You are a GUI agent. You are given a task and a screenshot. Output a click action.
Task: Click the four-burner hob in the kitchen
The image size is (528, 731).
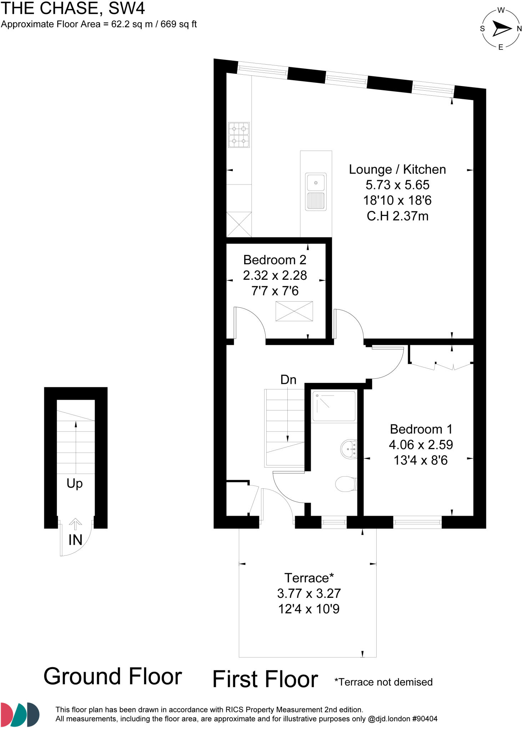click(x=239, y=135)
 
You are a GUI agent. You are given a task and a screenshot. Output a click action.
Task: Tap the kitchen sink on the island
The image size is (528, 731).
click(x=316, y=191)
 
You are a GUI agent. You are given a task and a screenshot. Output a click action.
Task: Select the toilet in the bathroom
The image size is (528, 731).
click(x=346, y=484)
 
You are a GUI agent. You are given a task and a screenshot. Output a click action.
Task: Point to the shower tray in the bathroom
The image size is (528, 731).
click(x=334, y=407)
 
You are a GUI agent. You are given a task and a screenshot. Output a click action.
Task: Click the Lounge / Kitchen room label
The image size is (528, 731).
click(x=397, y=170)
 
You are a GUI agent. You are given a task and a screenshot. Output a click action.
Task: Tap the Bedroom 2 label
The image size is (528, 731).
click(x=275, y=260)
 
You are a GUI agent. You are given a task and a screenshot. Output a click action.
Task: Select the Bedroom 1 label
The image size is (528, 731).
click(x=421, y=429)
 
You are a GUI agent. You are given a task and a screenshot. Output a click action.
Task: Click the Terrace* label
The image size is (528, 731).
click(x=309, y=578)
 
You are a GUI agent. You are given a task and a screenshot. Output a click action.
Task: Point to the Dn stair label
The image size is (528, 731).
click(x=288, y=380)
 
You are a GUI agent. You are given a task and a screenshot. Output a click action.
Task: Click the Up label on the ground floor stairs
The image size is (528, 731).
click(x=75, y=484)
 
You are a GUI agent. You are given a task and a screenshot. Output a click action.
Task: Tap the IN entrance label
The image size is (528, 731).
click(x=75, y=540)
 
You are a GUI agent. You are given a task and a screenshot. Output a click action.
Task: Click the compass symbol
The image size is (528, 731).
click(x=501, y=29)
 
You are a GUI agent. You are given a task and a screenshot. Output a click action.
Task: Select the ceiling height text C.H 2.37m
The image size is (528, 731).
click(x=397, y=216)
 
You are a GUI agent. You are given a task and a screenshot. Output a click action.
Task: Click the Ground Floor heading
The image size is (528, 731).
click(x=113, y=677)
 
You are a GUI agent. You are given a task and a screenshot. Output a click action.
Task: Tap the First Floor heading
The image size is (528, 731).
click(x=265, y=679)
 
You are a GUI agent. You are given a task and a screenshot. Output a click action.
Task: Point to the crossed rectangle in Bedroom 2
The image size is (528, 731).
click(x=294, y=311)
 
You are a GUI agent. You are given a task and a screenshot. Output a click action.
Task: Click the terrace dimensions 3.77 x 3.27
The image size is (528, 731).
click(x=309, y=593)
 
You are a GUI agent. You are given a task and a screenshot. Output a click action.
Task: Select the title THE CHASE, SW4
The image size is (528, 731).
click(x=73, y=9)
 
